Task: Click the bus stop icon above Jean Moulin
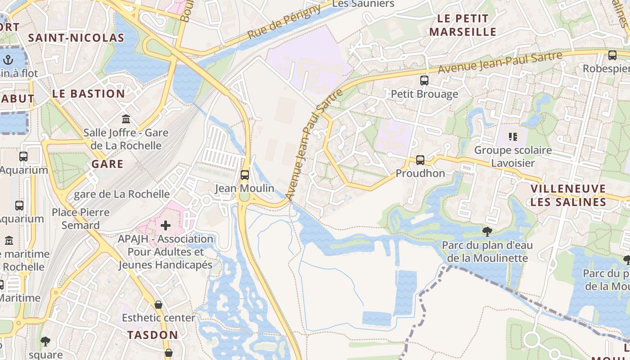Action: [x=245, y=175]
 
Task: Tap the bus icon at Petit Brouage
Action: [x=424, y=81]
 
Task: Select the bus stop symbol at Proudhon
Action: [x=420, y=160]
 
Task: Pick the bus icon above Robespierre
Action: [x=612, y=55]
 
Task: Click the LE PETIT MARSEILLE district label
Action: [x=463, y=25]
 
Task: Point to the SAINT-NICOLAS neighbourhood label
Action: [x=76, y=38]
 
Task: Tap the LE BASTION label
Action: [x=89, y=94]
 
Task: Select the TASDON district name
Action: [x=153, y=335]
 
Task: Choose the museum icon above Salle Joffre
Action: [x=126, y=119]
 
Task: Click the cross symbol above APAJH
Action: [x=166, y=225]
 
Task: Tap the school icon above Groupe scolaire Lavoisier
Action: [x=513, y=136]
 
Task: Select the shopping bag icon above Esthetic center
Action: [x=158, y=305]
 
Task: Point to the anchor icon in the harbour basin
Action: [x=8, y=59]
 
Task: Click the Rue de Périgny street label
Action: [x=284, y=21]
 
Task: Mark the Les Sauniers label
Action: [x=363, y=4]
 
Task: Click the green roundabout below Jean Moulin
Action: [x=244, y=198]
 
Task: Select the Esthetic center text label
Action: [x=158, y=318]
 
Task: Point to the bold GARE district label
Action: [x=107, y=164]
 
